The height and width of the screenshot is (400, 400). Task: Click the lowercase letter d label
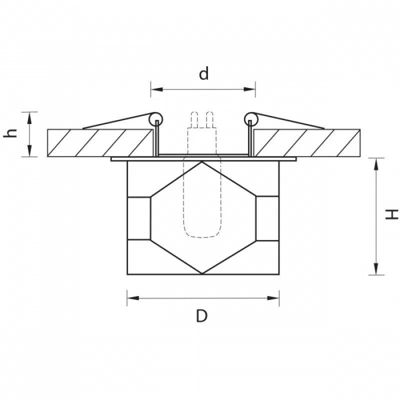[204, 73]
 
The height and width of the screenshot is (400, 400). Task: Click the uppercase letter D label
[202, 316]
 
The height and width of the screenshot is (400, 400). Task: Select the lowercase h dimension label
[10, 133]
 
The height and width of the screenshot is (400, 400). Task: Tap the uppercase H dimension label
[391, 214]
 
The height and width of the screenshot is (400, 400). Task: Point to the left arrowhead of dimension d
[156, 89]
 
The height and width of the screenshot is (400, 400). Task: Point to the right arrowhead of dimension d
[249, 89]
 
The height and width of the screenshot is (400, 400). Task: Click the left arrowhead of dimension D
[133, 298]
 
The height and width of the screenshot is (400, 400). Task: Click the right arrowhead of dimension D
[273, 298]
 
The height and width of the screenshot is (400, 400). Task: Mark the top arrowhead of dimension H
[376, 164]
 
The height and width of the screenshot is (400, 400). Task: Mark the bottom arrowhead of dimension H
[376, 269]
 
